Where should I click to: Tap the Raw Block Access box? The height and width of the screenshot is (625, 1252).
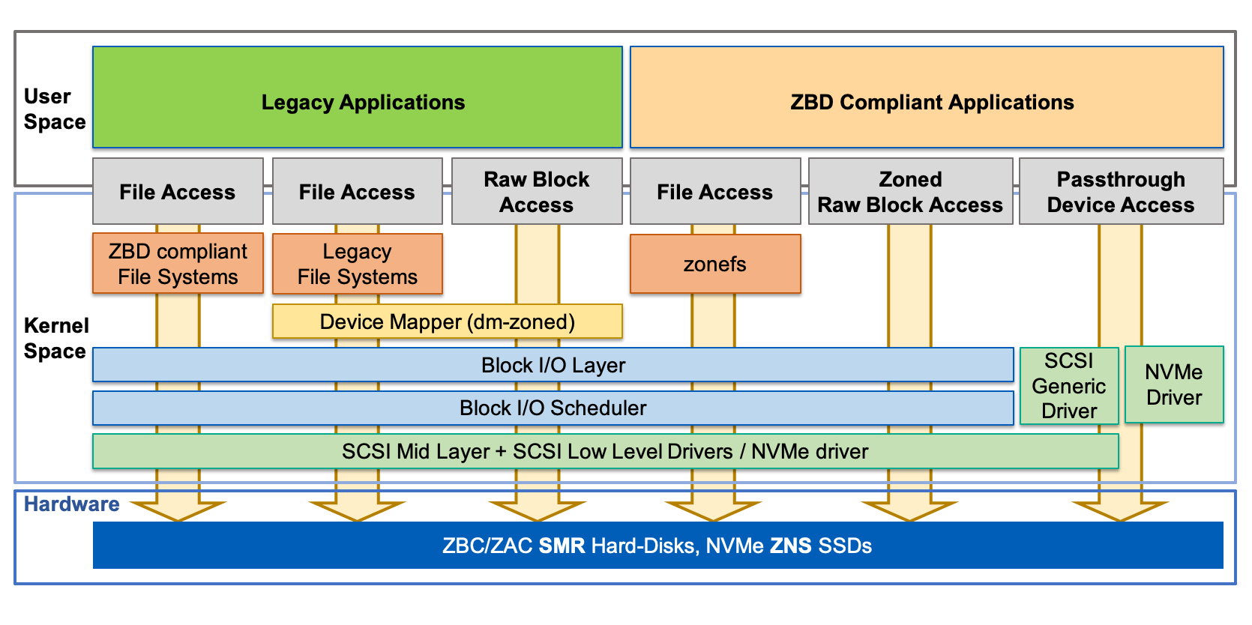(537, 192)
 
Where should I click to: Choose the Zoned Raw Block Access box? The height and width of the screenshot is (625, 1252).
(910, 192)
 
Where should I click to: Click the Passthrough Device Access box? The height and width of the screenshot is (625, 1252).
(1121, 192)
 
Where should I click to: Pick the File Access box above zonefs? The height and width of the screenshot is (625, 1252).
(714, 192)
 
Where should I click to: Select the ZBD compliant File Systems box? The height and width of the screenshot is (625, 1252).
(178, 265)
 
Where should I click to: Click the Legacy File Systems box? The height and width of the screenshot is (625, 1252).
(357, 265)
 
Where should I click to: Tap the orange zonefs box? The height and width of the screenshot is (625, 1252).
(714, 265)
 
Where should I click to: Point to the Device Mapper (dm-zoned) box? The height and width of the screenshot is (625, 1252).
(447, 322)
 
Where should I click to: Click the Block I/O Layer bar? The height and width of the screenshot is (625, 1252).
(553, 366)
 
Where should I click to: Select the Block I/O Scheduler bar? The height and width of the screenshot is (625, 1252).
(553, 408)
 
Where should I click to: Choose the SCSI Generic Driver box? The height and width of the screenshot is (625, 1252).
(1068, 386)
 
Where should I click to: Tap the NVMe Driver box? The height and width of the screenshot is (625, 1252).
(1174, 384)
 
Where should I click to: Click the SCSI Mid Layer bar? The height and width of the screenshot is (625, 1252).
(604, 452)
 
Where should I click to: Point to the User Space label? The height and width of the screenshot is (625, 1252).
(54, 109)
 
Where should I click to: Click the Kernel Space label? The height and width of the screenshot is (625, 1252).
(55, 338)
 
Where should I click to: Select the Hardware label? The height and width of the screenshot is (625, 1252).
(72, 504)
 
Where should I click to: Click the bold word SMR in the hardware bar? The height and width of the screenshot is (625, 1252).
(562, 546)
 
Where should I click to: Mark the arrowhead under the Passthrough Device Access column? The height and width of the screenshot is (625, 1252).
(1120, 510)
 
